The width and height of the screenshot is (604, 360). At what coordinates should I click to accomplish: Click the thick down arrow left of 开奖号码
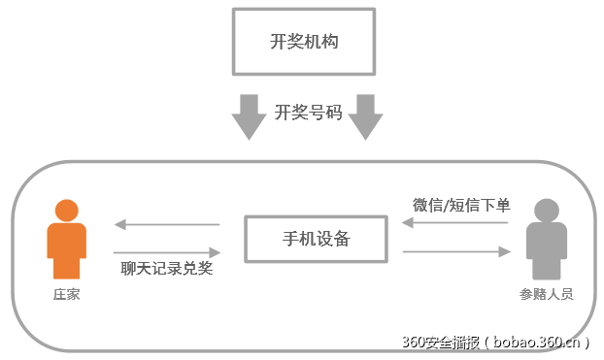(249, 115)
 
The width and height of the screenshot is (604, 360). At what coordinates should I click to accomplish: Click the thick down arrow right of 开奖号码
(366, 115)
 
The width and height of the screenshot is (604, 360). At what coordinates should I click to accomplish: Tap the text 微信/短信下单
(461, 205)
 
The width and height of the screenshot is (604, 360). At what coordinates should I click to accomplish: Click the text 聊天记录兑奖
(167, 269)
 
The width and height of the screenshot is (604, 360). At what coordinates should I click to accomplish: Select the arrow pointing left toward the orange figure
(167, 225)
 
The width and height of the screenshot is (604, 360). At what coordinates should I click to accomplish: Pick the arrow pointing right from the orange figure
(167, 251)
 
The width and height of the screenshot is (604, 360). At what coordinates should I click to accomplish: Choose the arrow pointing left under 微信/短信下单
(455, 223)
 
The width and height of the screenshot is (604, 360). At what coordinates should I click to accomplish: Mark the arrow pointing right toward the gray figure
(455, 251)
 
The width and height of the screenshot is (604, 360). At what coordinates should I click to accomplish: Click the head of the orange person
(66, 211)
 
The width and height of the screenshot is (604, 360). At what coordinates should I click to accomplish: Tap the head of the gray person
(546, 211)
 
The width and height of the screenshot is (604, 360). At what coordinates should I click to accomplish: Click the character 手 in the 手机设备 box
(289, 239)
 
